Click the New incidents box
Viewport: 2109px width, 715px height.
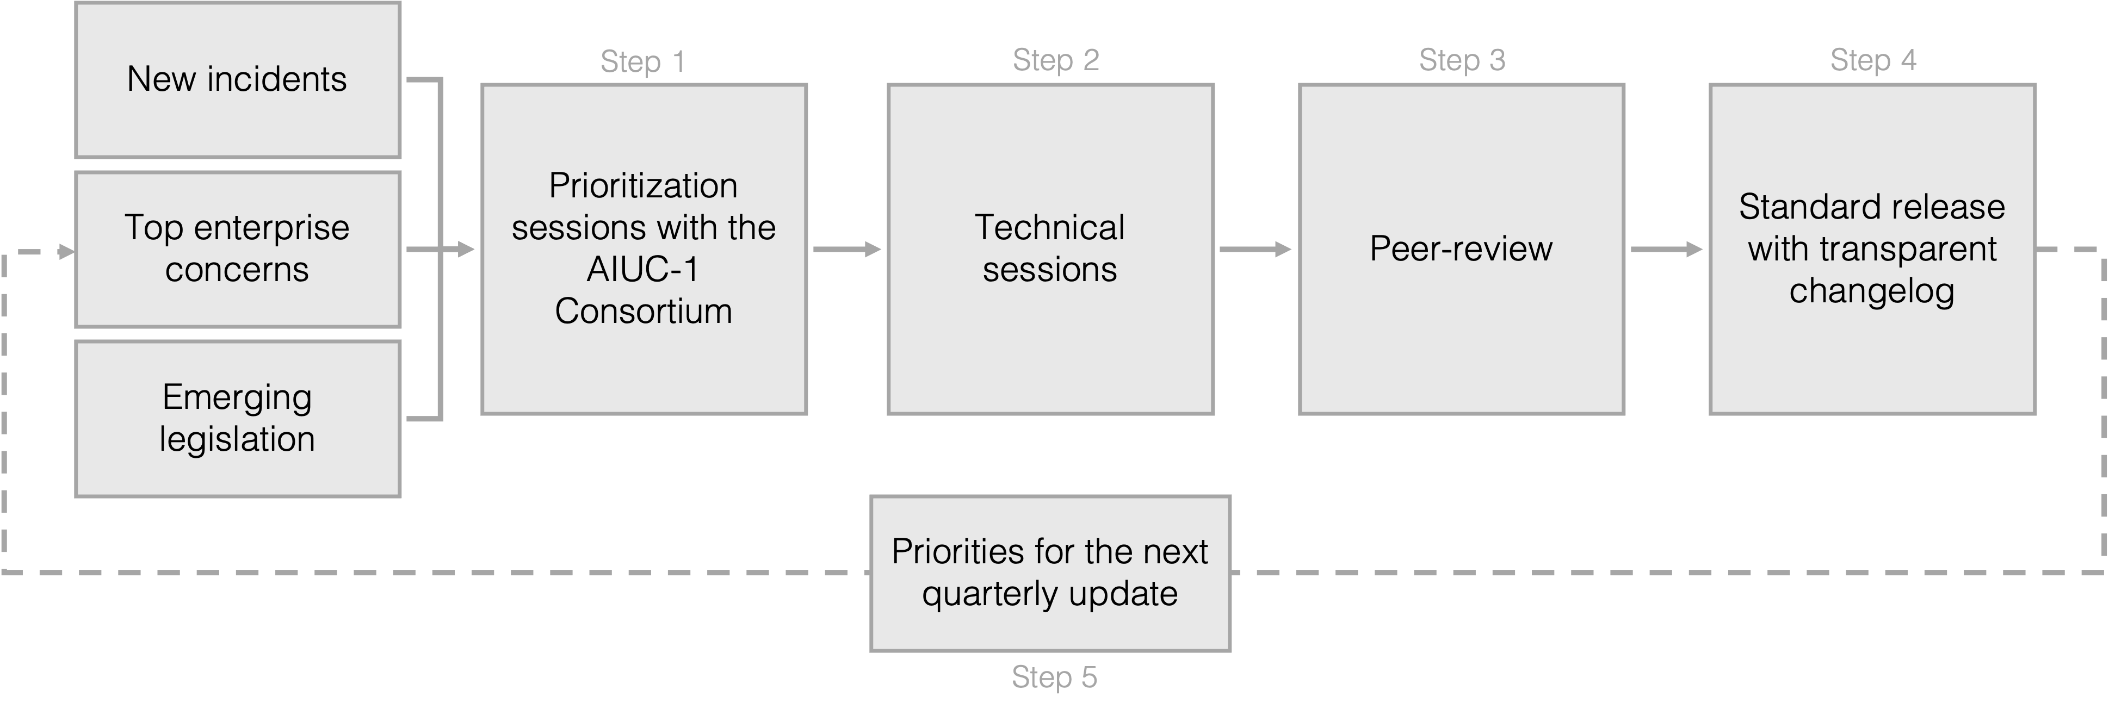(x=237, y=79)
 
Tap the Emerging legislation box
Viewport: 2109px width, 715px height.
(x=237, y=418)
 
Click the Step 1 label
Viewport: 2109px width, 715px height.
(x=642, y=61)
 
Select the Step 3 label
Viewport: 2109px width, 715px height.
(x=1462, y=60)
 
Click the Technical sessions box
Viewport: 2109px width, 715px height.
(x=1050, y=248)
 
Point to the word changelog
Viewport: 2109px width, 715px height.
(x=1872, y=290)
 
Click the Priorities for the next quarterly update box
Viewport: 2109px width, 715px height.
(x=1050, y=573)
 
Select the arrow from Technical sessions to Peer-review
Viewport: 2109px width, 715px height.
(x=1255, y=250)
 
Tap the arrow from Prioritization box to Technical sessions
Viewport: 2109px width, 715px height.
(x=846, y=250)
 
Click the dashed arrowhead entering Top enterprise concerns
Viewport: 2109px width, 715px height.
(x=65, y=252)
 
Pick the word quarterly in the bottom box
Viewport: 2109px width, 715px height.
(x=990, y=594)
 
